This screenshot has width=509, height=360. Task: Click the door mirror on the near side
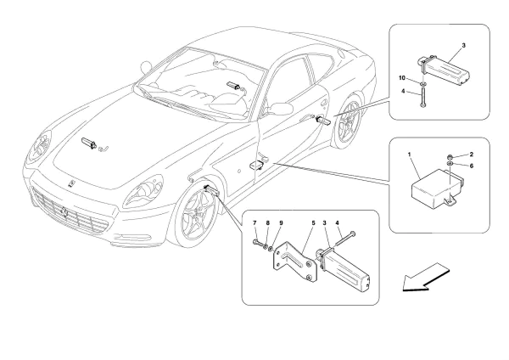pos(277,108)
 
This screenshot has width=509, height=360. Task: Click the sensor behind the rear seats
pos(232,86)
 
